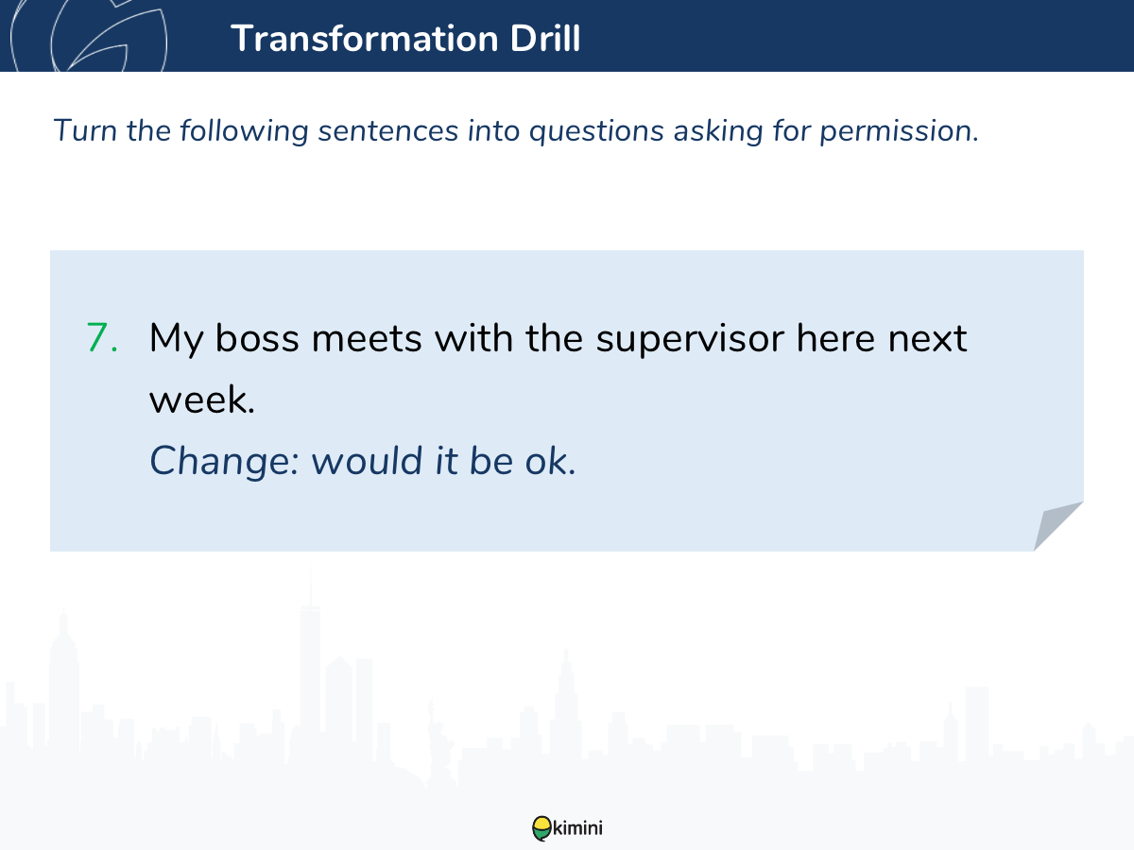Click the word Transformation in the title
coord(365,38)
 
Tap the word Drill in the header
coord(545,38)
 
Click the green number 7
coord(102,337)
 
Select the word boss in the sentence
coord(257,338)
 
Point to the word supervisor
coord(690,340)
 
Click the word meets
coord(367,338)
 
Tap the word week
coord(202,399)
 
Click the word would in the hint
coord(368,460)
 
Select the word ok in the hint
coord(550,460)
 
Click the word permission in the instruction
coord(899,131)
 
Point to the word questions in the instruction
coord(596,131)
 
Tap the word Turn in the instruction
coord(85,130)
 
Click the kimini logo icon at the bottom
coord(541,828)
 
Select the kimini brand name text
coord(577,828)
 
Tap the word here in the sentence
coord(835,338)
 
